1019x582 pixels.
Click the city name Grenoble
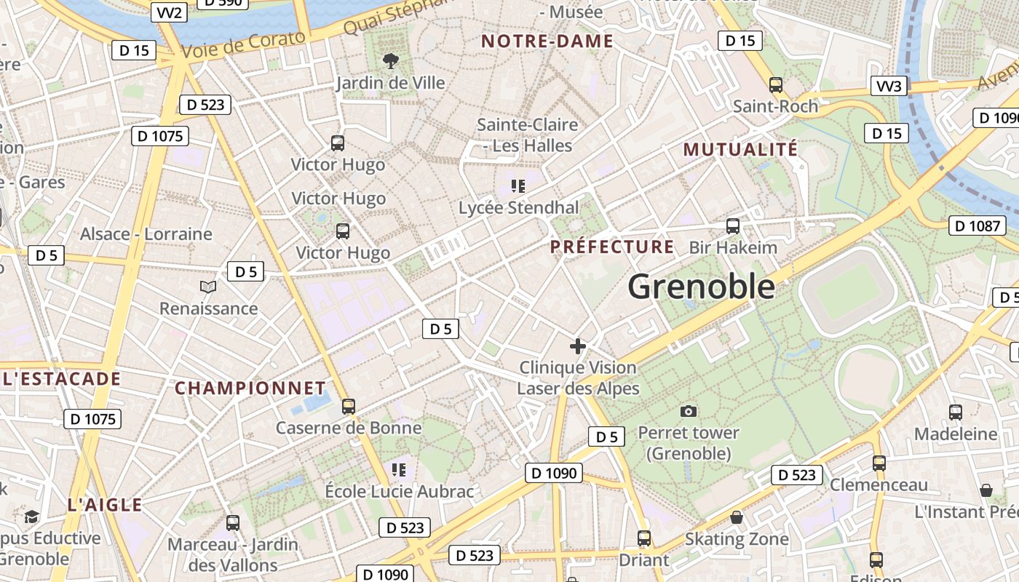click(x=701, y=287)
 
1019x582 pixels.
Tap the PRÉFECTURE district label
click(x=612, y=247)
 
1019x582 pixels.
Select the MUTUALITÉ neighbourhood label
click(x=740, y=150)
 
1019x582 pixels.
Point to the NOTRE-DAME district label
click(x=547, y=41)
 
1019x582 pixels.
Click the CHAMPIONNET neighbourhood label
click(x=250, y=388)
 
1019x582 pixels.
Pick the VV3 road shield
click(x=889, y=87)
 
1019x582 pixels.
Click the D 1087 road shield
click(x=977, y=226)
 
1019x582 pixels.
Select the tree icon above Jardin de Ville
click(x=391, y=61)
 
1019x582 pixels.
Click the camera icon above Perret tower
click(x=688, y=411)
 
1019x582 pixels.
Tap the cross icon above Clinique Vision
click(x=578, y=346)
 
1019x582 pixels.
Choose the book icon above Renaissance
click(x=208, y=287)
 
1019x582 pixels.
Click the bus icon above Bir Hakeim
click(x=733, y=226)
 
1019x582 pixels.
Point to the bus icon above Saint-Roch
click(x=775, y=85)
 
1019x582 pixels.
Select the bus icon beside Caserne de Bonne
click(x=349, y=407)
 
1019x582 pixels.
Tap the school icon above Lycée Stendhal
click(x=518, y=186)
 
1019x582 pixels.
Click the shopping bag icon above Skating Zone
click(x=737, y=517)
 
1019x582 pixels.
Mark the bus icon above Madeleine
click(x=956, y=412)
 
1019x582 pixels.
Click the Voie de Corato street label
click(x=243, y=45)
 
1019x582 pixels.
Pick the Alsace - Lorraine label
click(x=146, y=234)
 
